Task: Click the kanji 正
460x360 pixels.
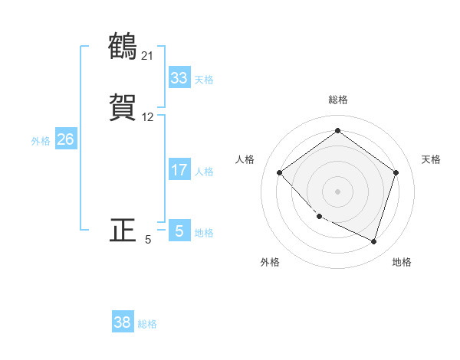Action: [123, 230]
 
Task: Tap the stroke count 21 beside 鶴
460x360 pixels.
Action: [148, 55]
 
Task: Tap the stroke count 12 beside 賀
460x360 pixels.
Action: [148, 117]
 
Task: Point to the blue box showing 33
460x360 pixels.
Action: [179, 78]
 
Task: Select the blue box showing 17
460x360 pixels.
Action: [179, 170]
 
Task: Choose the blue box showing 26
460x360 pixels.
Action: [66, 139]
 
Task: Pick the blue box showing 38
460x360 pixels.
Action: [123, 322]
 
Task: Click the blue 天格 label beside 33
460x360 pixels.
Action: [204, 80]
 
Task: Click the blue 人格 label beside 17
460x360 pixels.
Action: [204, 172]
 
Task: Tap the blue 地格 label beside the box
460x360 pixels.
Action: [204, 233]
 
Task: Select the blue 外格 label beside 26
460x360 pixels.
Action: [41, 141]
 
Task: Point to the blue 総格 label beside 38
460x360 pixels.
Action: [147, 324]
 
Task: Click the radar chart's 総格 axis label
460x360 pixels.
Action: [337, 100]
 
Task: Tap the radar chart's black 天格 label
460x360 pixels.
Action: [432, 159]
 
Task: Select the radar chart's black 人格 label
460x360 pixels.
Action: [245, 159]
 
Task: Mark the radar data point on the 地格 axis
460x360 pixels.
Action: [373, 241]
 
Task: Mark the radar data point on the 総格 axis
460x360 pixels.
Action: [337, 130]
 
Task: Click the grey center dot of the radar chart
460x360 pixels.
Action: [337, 191]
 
